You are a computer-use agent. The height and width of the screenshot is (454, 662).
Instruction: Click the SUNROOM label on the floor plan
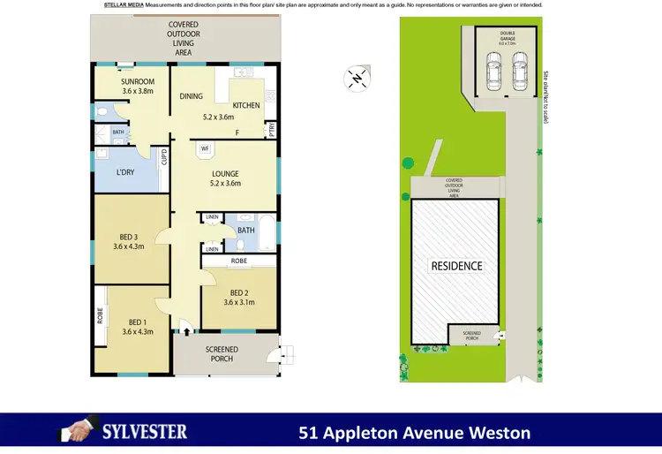[137, 81]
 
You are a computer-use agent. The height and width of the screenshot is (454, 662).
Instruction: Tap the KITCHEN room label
[247, 105]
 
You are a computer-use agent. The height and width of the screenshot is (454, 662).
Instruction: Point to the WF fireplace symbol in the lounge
[205, 148]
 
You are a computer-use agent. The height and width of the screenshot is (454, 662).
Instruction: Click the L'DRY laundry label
[125, 171]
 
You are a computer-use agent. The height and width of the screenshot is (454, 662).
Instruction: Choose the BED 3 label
[129, 236]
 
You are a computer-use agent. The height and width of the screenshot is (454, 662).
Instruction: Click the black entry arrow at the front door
[186, 331]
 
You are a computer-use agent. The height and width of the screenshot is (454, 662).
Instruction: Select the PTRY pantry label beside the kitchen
[271, 130]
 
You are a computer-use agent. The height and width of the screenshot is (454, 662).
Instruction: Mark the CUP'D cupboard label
[164, 157]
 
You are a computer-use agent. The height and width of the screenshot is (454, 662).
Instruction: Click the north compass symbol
[356, 79]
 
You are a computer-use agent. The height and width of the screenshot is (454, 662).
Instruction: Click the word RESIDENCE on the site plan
[456, 266]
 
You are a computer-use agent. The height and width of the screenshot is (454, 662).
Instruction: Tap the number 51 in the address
[308, 433]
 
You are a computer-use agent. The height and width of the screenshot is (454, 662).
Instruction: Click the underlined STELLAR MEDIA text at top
[124, 4]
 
